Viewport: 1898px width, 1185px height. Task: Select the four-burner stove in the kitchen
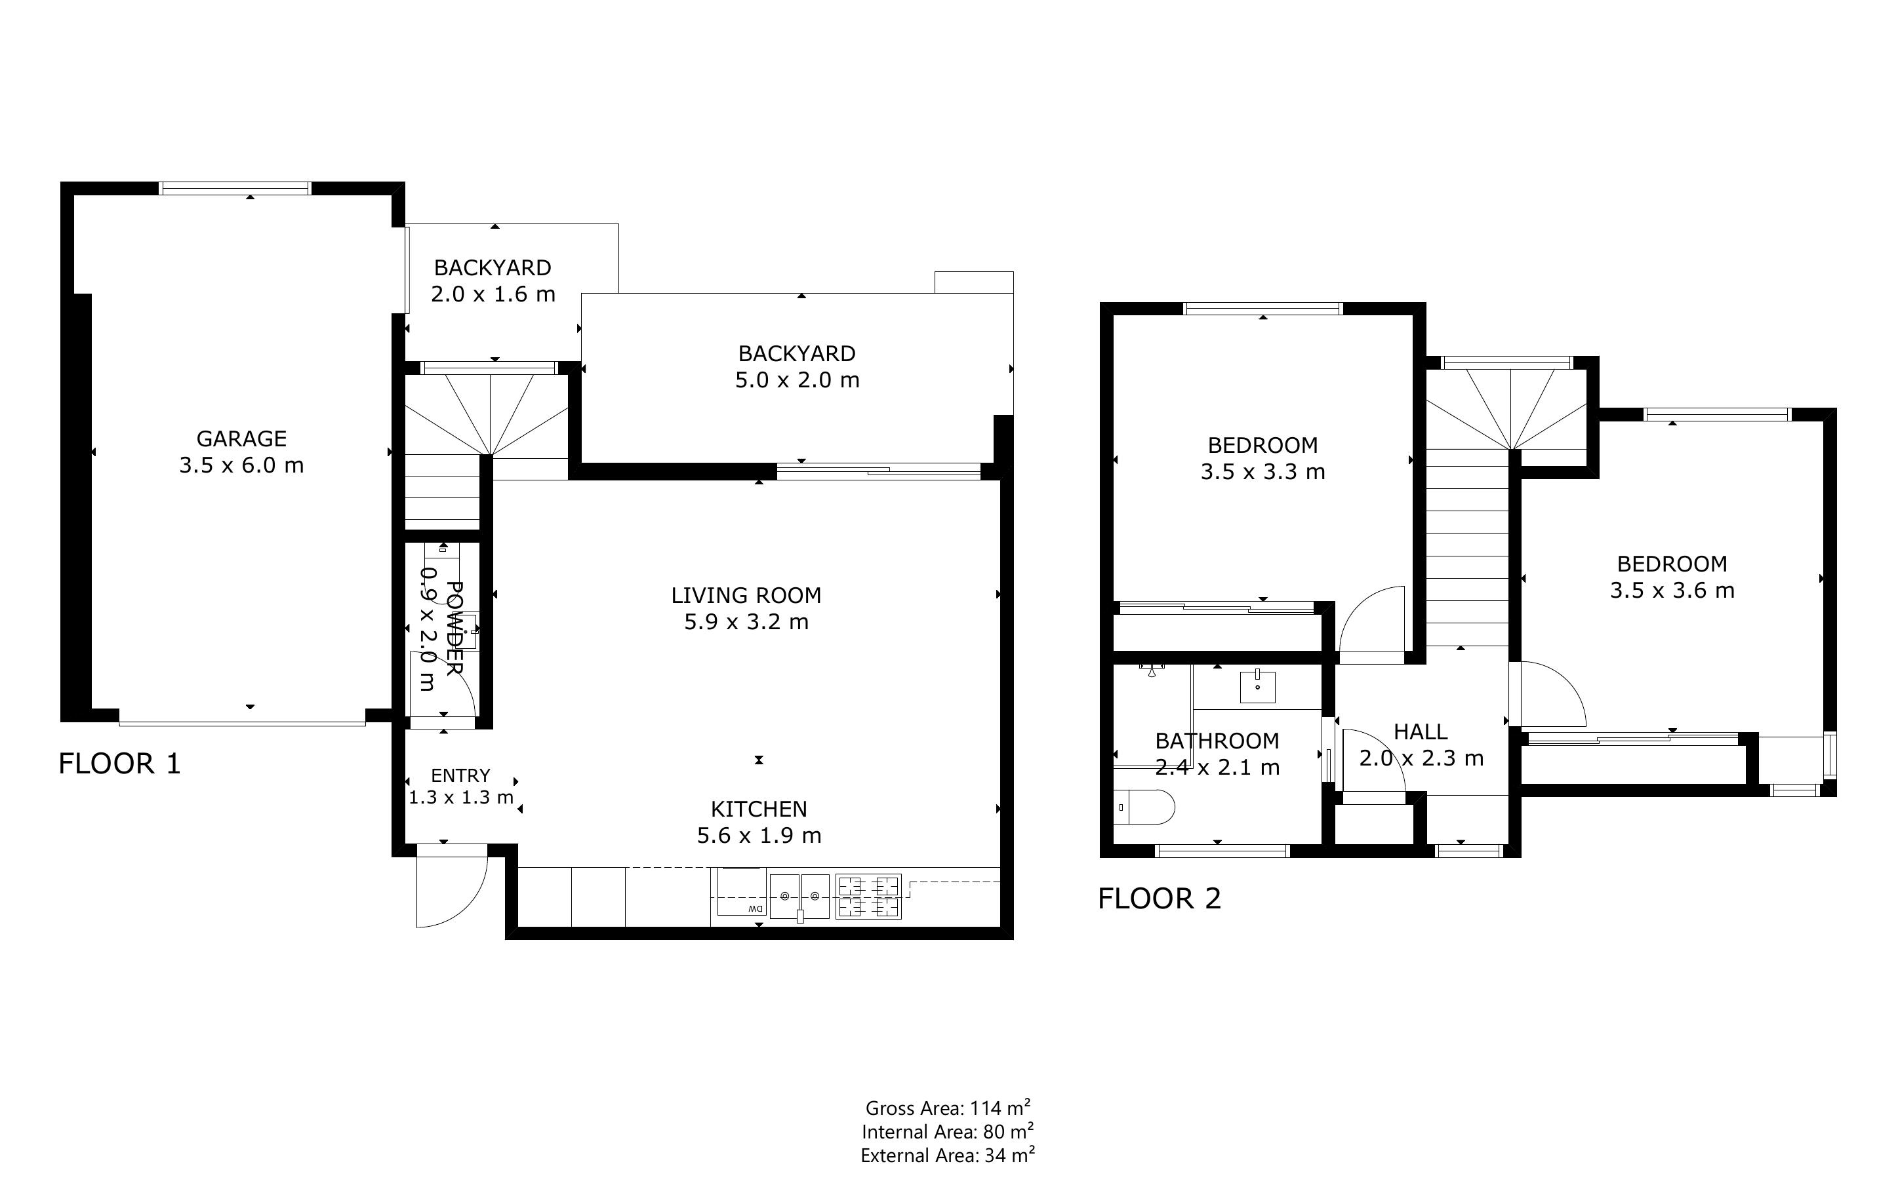coord(868,897)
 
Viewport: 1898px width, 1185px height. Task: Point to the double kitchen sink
coord(799,897)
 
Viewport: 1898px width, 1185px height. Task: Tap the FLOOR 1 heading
coord(119,764)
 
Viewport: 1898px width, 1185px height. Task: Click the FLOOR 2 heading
coord(1159,898)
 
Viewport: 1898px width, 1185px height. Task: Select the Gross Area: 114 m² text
coord(947,1108)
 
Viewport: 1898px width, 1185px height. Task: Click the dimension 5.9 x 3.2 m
coord(746,622)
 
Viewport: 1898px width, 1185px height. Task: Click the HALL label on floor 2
coord(1420,732)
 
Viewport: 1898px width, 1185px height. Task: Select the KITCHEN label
coord(758,809)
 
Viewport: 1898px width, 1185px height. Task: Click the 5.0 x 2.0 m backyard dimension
coord(796,380)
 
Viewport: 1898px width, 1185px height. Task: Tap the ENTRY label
coord(460,775)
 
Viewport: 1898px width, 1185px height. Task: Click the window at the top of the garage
coord(235,188)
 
